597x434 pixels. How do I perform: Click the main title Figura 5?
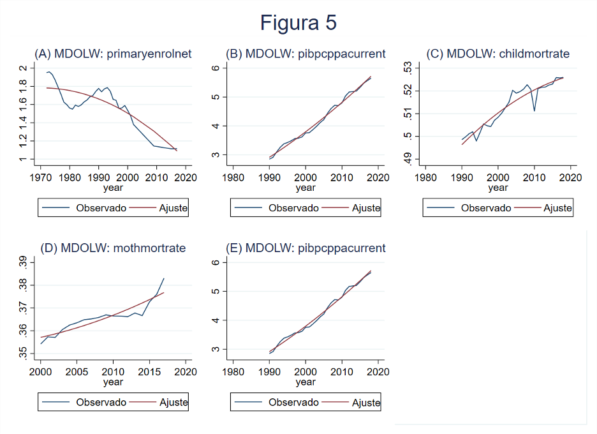tap(298, 23)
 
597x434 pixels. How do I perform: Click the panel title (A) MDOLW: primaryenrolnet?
tap(113, 54)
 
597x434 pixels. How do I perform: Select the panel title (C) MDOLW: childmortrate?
tap(498, 54)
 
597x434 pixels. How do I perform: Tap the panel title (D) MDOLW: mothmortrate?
tap(113, 248)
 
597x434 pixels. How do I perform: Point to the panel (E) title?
tap(306, 248)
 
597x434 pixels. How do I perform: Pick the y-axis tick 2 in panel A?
tap(24, 68)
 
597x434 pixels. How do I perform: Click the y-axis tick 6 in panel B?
tap(216, 68)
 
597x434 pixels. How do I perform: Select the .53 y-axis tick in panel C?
tap(408, 68)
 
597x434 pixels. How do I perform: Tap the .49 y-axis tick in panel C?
tap(408, 159)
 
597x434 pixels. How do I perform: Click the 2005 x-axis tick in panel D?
tap(77, 371)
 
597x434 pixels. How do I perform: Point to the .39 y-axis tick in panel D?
tap(24, 263)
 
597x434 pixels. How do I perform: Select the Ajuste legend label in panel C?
tap(557, 208)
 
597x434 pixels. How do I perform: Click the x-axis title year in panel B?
tap(306, 188)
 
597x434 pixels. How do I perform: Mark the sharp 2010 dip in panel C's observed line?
tap(534, 111)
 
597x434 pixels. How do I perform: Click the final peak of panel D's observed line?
tap(164, 278)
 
